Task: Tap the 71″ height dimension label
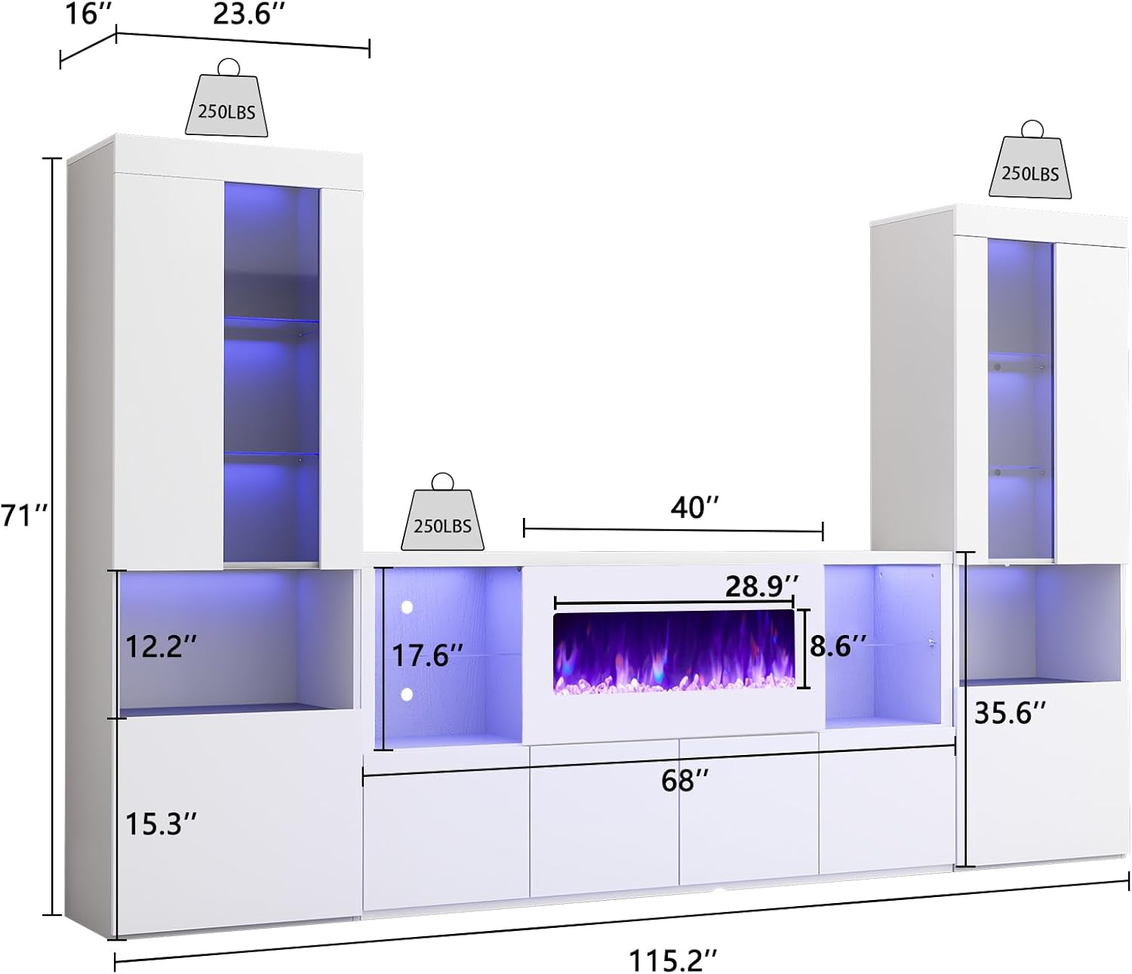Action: [x=24, y=516]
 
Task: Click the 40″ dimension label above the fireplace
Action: [x=694, y=507]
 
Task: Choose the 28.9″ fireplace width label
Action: [x=761, y=586]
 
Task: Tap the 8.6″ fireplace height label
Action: [x=837, y=646]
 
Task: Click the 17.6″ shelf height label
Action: [x=426, y=655]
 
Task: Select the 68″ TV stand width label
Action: [x=684, y=780]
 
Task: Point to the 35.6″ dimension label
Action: [x=1010, y=712]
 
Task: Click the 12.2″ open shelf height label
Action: [x=161, y=646]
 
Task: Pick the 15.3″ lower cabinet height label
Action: [x=161, y=824]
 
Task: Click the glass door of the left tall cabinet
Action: [x=271, y=374]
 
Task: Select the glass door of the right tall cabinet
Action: [x=1020, y=400]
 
